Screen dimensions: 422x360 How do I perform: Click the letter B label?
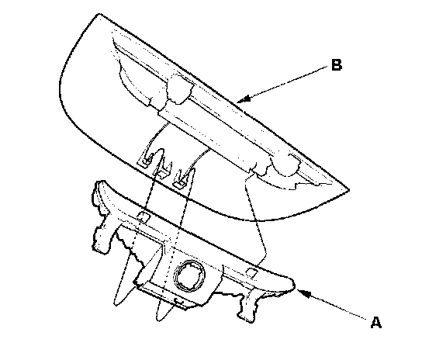tap(337, 65)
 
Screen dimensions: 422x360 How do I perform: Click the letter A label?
tap(376, 322)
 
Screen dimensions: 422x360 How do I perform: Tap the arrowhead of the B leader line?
tap(244, 99)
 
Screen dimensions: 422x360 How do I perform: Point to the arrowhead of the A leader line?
tap(304, 293)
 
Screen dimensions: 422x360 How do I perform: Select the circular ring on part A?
tap(189, 275)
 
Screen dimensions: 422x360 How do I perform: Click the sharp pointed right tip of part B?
tap(348, 189)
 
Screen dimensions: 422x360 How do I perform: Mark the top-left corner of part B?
tap(99, 14)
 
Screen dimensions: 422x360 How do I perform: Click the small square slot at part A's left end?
tap(144, 217)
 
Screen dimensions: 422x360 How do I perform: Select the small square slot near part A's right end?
tap(252, 272)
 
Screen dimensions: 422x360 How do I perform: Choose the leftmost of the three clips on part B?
tap(147, 160)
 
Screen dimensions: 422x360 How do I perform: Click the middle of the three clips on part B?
tap(162, 172)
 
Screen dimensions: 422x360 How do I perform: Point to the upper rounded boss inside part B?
tap(180, 89)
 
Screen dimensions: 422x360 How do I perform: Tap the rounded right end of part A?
tap(291, 285)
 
